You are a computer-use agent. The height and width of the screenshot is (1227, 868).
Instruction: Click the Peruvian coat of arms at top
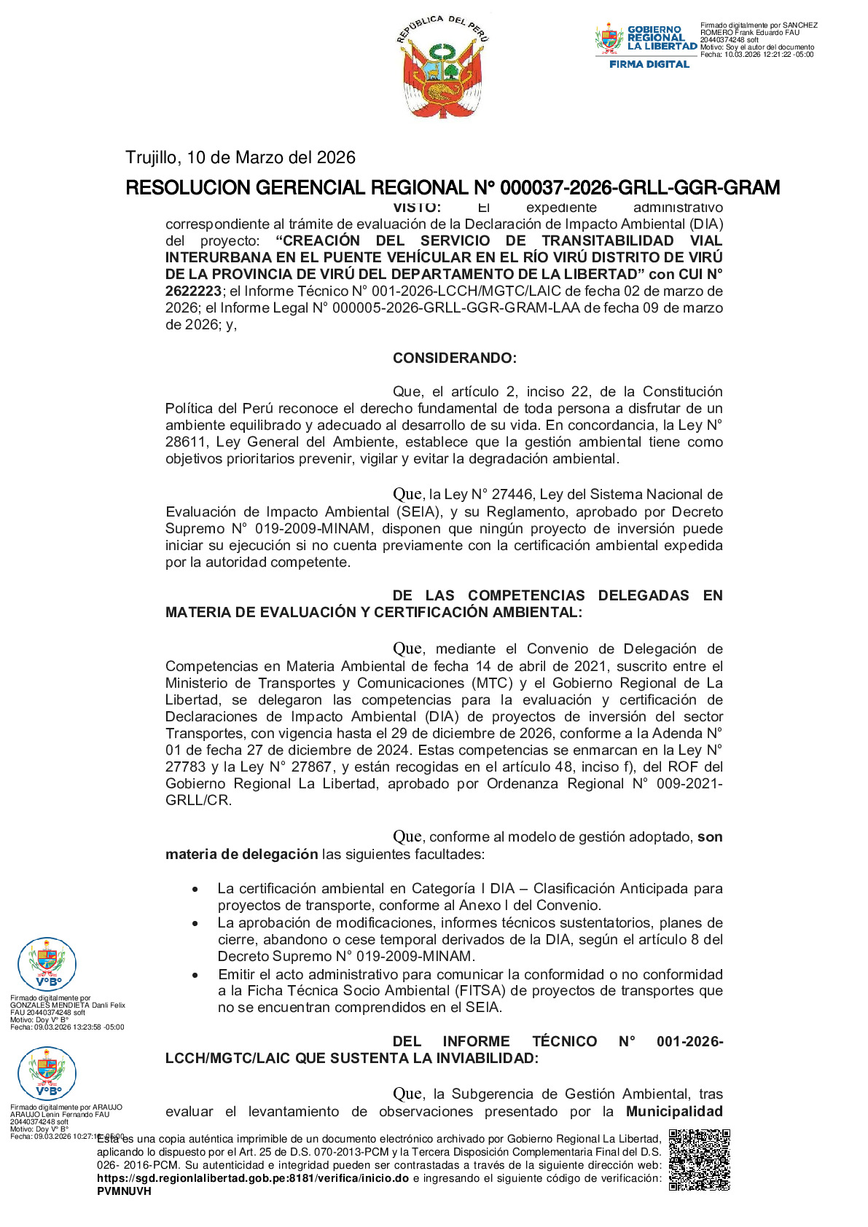[443, 66]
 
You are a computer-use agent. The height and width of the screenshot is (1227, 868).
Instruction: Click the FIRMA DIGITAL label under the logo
[649, 64]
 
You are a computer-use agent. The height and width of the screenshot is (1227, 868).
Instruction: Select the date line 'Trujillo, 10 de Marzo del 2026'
[241, 157]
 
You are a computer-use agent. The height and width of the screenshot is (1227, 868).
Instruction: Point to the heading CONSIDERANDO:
[454, 358]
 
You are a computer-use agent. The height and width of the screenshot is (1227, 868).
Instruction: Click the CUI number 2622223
[193, 291]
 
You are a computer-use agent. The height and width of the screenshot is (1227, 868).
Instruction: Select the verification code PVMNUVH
[124, 1191]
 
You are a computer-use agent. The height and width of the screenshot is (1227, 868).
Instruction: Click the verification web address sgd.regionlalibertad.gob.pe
[252, 1178]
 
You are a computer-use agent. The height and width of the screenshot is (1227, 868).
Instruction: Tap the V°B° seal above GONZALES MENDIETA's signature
[47, 963]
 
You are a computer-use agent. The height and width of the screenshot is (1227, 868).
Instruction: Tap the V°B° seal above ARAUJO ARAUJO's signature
[47, 1073]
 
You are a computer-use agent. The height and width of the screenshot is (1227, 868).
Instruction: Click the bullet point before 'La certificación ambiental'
[195, 890]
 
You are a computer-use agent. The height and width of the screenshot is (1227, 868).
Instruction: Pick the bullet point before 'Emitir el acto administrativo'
[195, 975]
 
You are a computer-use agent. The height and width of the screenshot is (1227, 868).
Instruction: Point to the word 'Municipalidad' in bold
[674, 1111]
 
